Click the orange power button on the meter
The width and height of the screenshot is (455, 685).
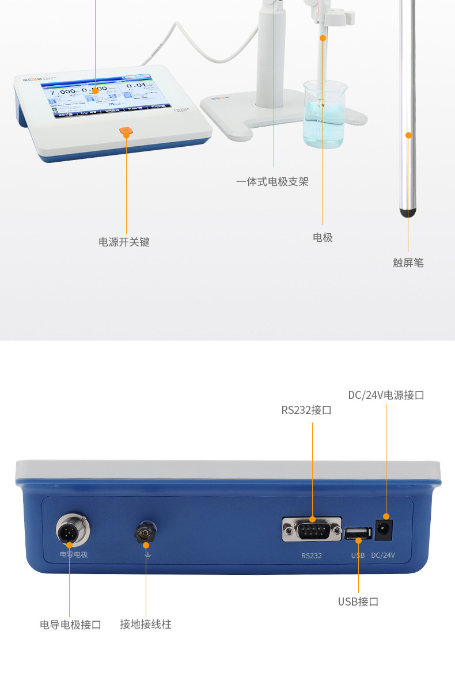[x=126, y=132]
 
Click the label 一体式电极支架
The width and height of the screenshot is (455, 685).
[x=272, y=182]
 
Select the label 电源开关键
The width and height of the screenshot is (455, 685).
[x=124, y=242]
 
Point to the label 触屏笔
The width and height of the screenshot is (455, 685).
[x=408, y=263]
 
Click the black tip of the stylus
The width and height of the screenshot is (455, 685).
[x=408, y=214]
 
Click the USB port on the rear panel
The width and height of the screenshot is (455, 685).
[x=358, y=532]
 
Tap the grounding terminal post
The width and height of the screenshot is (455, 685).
[x=145, y=534]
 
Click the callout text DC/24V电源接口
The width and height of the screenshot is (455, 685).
[x=386, y=395]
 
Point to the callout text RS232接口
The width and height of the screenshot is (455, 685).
[x=306, y=410]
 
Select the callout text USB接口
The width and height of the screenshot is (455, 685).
[x=358, y=602]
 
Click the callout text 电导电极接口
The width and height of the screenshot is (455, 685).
[x=70, y=625]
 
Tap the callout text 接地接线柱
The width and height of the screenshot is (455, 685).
[x=146, y=625]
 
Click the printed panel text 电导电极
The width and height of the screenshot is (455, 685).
[x=74, y=555]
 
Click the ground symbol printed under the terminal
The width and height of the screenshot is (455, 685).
[x=147, y=556]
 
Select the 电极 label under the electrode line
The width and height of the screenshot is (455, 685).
[x=323, y=238]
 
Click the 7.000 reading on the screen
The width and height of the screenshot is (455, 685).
[x=63, y=92]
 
